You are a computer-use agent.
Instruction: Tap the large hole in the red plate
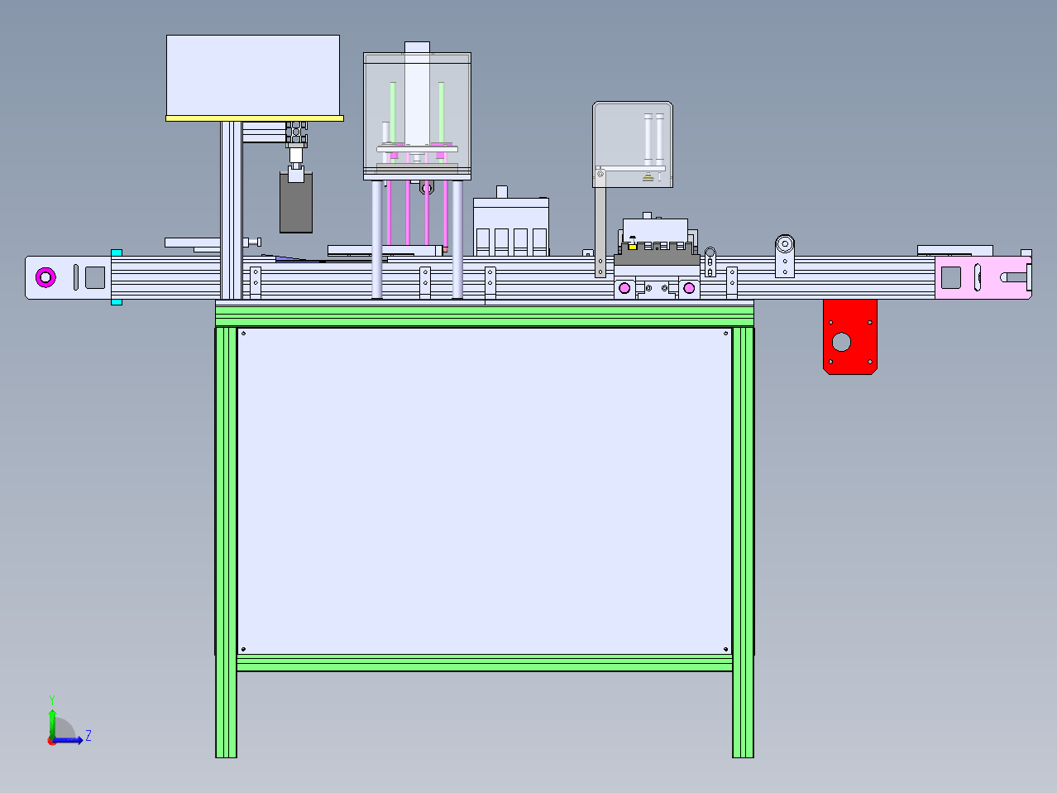[x=841, y=342]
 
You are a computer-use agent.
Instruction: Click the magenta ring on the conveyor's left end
[x=45, y=277]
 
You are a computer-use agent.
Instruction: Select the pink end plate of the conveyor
[x=983, y=278]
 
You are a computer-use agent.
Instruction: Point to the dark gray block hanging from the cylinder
[x=296, y=204]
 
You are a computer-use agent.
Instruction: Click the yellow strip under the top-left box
[x=255, y=118]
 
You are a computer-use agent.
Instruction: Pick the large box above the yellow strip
[x=253, y=75]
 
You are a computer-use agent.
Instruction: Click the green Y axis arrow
[x=52, y=723]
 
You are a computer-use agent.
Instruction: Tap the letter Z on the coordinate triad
[x=88, y=735]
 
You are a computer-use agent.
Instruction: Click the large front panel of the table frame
[x=485, y=491]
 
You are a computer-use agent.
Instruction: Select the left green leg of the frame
[x=226, y=542]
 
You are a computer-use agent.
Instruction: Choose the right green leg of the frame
[x=743, y=542]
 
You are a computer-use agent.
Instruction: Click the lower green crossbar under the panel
[x=485, y=663]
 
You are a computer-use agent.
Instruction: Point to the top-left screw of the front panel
[x=243, y=334]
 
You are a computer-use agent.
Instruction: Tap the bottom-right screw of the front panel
[x=725, y=649]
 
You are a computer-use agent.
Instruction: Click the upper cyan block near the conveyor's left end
[x=117, y=253]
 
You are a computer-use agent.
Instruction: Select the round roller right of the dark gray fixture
[x=785, y=244]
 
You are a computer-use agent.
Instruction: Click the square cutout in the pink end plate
[x=950, y=277]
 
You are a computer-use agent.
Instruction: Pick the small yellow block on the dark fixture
[x=632, y=247]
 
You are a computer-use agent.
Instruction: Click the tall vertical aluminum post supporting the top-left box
[x=231, y=210]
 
